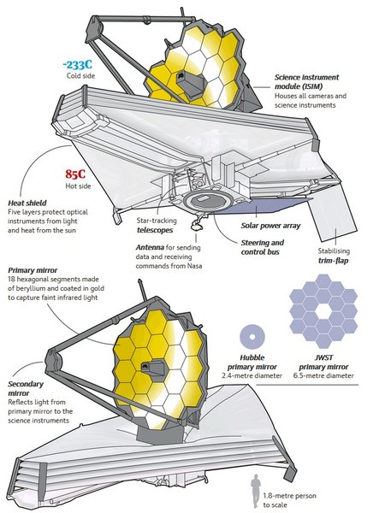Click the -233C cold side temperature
coord(78,65)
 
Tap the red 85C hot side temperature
coord(75,174)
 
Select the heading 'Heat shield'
coord(27,203)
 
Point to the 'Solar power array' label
coord(270,226)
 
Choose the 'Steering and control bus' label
coord(263,247)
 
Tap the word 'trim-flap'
coord(334,261)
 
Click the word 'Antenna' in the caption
coord(150,247)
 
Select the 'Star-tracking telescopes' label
coord(157,226)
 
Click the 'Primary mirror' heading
coord(33,270)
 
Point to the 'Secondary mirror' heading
coord(26,388)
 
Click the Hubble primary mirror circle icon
coord(252,337)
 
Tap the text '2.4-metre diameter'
coord(252,375)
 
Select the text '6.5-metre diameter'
coord(323,375)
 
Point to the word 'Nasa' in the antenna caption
coord(195,266)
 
